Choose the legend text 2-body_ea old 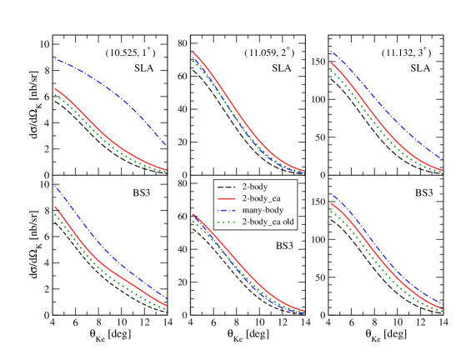coord(268,222)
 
